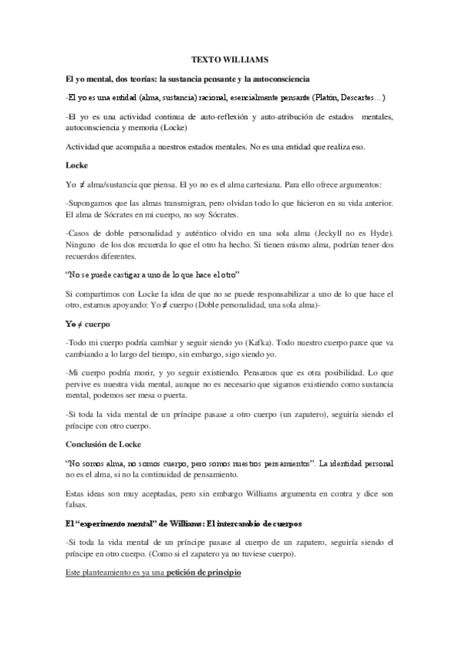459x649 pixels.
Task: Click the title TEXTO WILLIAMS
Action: coord(229,60)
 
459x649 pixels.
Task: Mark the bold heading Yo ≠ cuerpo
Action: coord(88,323)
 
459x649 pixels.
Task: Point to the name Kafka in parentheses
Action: coord(221,342)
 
